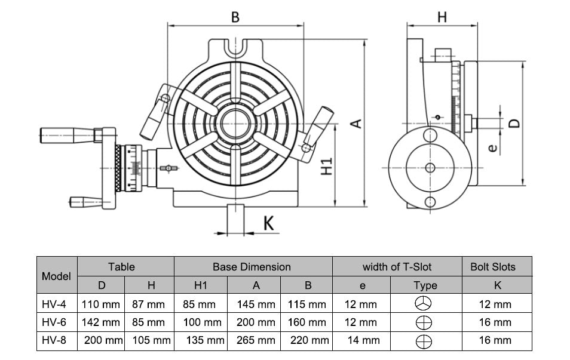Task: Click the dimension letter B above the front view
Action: tap(235, 17)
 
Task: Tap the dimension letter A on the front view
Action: tap(356, 124)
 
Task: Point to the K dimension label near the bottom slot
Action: tap(269, 224)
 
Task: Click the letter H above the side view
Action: tap(442, 17)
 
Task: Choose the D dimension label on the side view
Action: tap(513, 123)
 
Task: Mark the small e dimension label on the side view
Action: tap(492, 147)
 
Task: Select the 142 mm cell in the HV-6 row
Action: tap(100, 322)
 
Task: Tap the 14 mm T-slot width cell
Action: tap(361, 340)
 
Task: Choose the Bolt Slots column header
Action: tap(497, 267)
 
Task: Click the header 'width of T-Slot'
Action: tap(397, 267)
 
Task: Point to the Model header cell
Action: tap(57, 276)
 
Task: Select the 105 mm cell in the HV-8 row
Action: tap(149, 340)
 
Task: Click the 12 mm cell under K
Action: tap(497, 304)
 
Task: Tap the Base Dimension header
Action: tap(252, 267)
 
